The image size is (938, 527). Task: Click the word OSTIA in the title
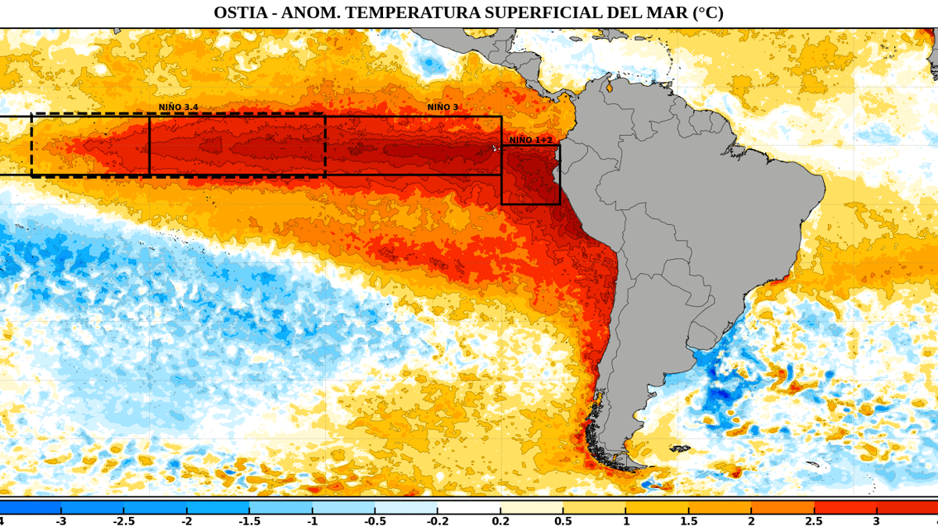[x=241, y=12]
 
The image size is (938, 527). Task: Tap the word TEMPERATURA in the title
[x=412, y=12]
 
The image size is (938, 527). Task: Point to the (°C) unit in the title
[x=708, y=12]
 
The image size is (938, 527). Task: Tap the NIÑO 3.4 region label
[x=178, y=107]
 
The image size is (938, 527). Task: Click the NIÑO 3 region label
[x=442, y=107]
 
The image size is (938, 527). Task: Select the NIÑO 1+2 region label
[x=531, y=140]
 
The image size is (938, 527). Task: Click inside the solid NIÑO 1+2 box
[x=531, y=175]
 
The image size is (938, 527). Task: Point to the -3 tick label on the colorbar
[x=61, y=522]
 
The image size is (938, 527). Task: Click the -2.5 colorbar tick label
[x=124, y=522]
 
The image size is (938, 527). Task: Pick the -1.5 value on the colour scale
[x=249, y=522]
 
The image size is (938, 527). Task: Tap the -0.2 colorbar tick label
[x=438, y=522]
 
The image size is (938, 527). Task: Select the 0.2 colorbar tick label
[x=500, y=522]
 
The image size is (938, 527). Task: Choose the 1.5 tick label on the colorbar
[x=689, y=522]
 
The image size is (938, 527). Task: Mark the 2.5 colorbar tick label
[x=814, y=522]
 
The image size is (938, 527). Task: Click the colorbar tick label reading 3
[x=876, y=522]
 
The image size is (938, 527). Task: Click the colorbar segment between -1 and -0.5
[x=343, y=507]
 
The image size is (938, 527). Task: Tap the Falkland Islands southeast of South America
[x=679, y=448]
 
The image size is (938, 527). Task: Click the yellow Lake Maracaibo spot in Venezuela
[x=609, y=87]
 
